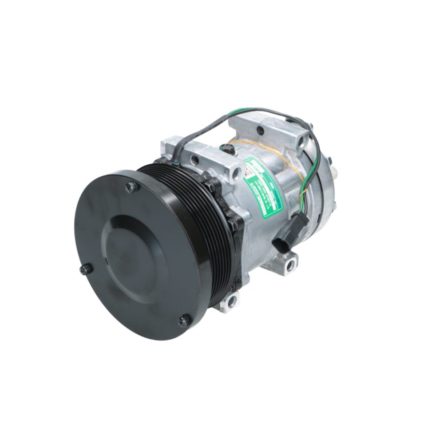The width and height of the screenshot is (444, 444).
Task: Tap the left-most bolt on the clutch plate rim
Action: point(86,269)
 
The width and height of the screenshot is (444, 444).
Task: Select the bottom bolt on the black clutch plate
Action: point(184,321)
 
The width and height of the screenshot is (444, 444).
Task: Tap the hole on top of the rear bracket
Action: point(261,131)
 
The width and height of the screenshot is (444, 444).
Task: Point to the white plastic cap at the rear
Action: point(337,173)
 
